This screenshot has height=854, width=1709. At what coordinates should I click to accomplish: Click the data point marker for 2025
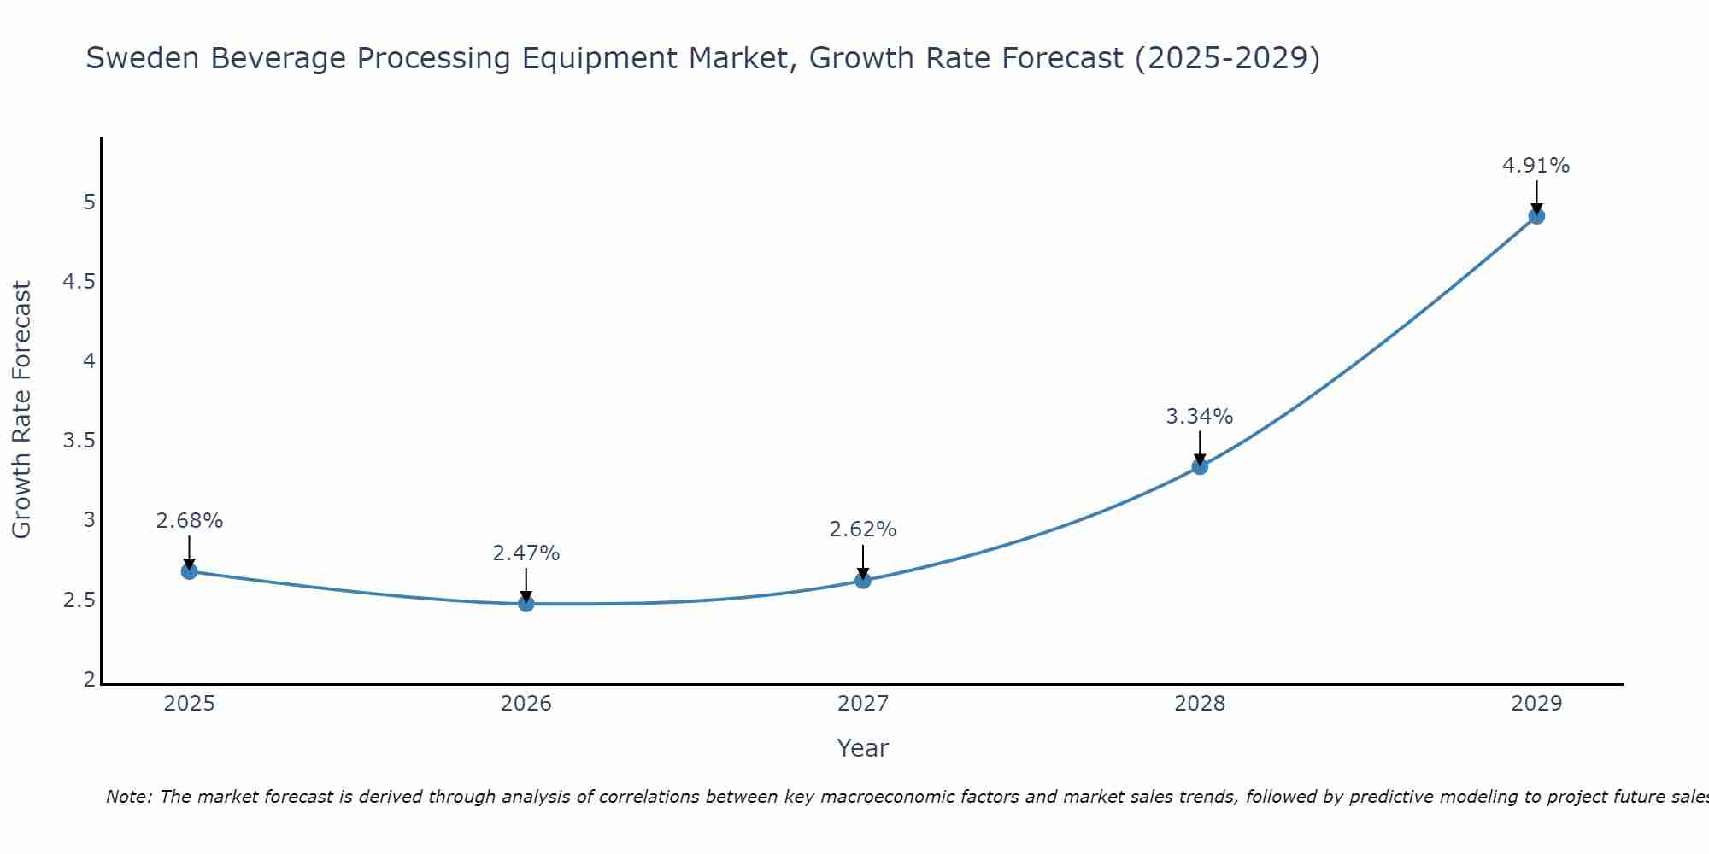pos(190,571)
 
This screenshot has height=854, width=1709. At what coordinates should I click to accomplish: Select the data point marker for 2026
pos(526,604)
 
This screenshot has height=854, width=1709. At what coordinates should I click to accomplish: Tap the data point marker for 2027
pos(863,581)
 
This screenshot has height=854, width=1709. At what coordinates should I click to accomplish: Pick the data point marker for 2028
pos(1200,466)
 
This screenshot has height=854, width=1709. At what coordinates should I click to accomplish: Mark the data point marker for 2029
pos(1536,216)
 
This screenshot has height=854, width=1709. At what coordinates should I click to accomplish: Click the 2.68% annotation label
pos(190,520)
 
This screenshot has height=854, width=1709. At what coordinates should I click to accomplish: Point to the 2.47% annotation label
pos(526,553)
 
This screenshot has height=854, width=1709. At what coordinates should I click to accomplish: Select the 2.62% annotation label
pos(863,529)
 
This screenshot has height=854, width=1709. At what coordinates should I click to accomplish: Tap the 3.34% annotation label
pos(1200,416)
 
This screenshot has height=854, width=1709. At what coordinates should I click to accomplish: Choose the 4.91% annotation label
pos(1536,165)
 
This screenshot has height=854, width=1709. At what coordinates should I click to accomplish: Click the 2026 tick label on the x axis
pos(526,704)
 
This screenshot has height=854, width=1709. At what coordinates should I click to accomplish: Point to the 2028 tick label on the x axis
pos(1200,704)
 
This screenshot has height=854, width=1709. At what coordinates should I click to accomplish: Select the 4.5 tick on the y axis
pos(79,282)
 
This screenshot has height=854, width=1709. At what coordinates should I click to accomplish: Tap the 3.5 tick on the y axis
pos(79,441)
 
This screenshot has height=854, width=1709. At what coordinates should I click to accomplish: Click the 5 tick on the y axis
pos(89,202)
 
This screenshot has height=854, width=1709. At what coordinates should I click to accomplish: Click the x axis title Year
pos(863,748)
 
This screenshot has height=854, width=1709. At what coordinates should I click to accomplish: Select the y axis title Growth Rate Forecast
pos(21,409)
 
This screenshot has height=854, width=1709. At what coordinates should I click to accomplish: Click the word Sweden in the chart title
pos(143,58)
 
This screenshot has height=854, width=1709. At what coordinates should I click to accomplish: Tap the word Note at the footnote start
pos(128,797)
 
